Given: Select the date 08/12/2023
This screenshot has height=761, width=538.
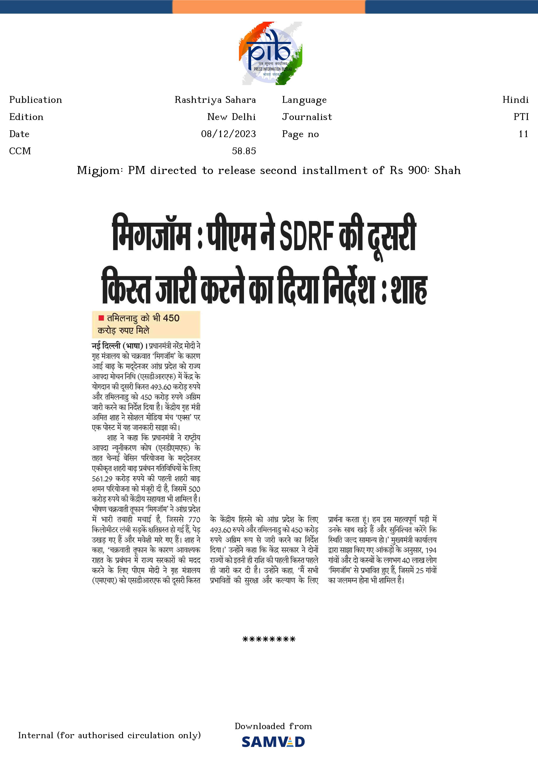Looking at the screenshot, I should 228,134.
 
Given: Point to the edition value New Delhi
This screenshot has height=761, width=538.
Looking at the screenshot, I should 231,117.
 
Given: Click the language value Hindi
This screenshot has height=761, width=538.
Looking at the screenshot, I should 515,100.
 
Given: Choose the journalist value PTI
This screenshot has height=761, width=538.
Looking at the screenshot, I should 521,117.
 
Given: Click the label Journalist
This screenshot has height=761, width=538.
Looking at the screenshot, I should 307,117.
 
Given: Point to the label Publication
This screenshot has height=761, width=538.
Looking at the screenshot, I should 35,100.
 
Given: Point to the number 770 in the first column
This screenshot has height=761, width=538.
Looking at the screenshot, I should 194,520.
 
